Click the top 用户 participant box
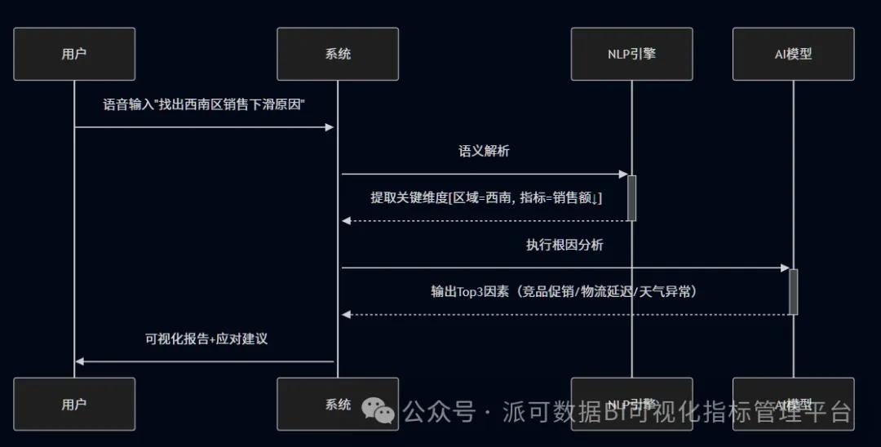pos(74,54)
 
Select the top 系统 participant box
pos(338,54)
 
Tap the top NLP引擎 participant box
pos(631,54)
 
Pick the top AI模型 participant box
pos(793,54)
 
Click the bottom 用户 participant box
pos(74,404)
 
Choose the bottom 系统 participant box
pos(338,404)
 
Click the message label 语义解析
pos(485,151)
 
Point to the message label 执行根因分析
pos(564,245)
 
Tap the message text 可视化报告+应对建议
pos(206,339)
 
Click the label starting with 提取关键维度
pos(486,197)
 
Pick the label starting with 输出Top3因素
pos(565,291)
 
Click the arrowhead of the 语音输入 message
pos(330,127)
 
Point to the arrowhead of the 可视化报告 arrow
pos(79,361)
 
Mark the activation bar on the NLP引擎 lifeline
pos(631,197)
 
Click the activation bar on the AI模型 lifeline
pos(793,291)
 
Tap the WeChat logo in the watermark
pos(379,410)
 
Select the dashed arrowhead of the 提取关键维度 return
pos(346,221)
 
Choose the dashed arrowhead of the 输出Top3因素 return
pos(346,315)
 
